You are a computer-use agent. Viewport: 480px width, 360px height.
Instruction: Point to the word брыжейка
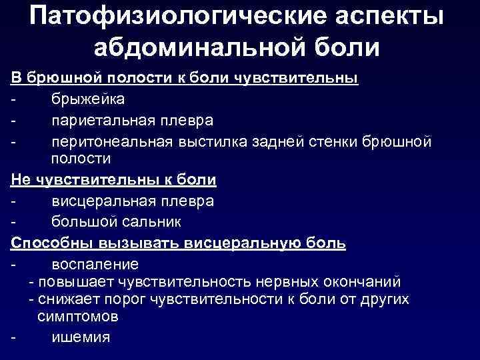click(88, 99)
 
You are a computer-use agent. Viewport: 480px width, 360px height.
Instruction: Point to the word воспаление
click(95, 263)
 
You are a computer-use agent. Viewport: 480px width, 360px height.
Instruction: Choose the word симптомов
click(79, 315)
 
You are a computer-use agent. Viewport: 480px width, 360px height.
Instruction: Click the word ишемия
click(80, 337)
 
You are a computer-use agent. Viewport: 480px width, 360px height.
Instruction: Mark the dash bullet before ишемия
click(14, 337)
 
